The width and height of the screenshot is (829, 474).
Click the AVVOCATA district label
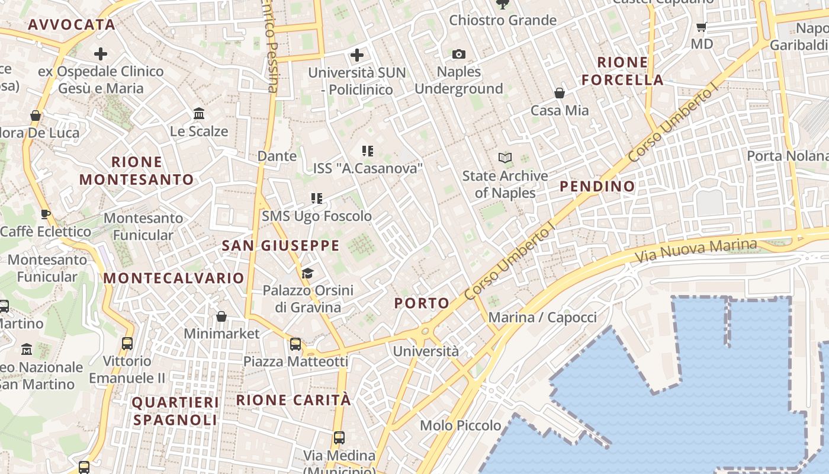point(71,24)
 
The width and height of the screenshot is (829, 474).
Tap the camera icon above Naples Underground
point(459,55)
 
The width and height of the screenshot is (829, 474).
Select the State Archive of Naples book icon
point(505,158)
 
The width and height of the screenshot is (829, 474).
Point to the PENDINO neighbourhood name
point(597,186)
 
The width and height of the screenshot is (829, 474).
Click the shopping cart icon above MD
point(702,27)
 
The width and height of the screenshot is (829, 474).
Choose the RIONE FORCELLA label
point(622,71)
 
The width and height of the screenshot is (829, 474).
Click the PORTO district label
point(422,303)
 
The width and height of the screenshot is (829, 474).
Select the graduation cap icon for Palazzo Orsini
point(307,273)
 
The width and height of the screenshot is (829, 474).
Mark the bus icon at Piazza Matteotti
point(295,344)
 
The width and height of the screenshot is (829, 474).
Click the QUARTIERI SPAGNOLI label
point(175,411)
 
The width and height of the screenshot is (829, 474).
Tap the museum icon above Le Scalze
point(199,113)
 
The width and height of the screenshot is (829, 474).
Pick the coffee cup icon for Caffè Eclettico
point(45,214)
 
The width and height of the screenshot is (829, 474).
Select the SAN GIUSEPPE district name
point(281,245)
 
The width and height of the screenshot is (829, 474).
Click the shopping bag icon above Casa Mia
point(560,93)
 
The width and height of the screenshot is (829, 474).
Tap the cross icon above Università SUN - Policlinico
point(356,55)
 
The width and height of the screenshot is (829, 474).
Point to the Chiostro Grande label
point(503,20)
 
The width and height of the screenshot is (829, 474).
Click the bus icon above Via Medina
point(339,438)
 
